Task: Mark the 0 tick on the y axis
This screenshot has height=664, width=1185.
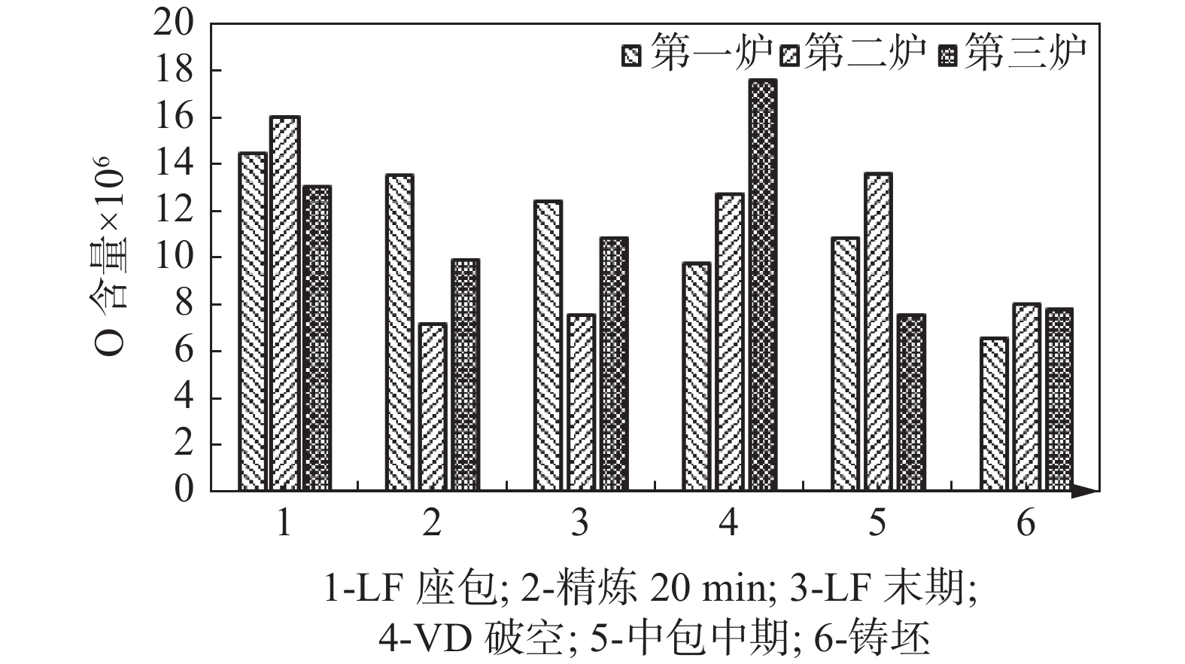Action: [x=184, y=491]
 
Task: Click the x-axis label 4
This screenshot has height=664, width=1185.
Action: [x=728, y=522]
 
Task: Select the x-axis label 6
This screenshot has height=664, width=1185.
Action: [x=1026, y=522]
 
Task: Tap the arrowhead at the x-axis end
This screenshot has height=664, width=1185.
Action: [x=1086, y=491]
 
